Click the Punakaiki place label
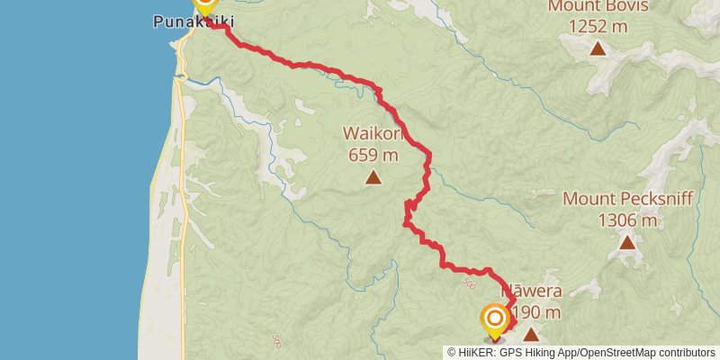click(x=187, y=19)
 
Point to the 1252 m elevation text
click(x=598, y=27)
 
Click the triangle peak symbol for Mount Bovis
click(x=598, y=48)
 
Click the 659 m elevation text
click(x=373, y=154)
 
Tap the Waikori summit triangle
click(x=373, y=176)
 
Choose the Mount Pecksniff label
click(x=627, y=199)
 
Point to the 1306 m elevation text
click(x=627, y=219)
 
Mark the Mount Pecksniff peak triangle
click(x=627, y=241)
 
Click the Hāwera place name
click(x=536, y=292)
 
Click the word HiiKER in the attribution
click(x=476, y=352)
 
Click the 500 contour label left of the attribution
click(x=274, y=341)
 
